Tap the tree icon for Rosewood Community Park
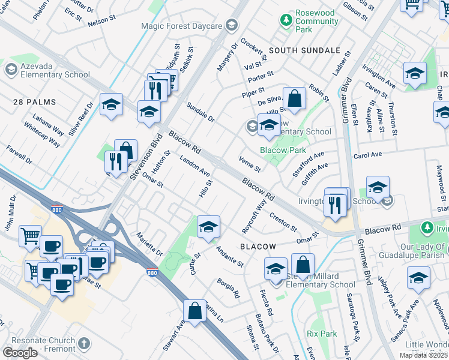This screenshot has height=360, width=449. point(286,20)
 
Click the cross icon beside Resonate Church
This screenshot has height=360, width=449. point(85,344)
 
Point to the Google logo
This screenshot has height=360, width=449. point(20,353)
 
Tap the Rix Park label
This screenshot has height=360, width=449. point(321,333)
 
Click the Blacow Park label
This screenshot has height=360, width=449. point(283,150)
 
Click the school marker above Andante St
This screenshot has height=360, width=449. point(208,226)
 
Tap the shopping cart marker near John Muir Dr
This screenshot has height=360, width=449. point(30,235)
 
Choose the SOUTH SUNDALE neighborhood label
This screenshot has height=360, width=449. point(297,51)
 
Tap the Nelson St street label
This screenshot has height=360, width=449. point(100,22)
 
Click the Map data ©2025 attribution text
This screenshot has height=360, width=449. point(423,355)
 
